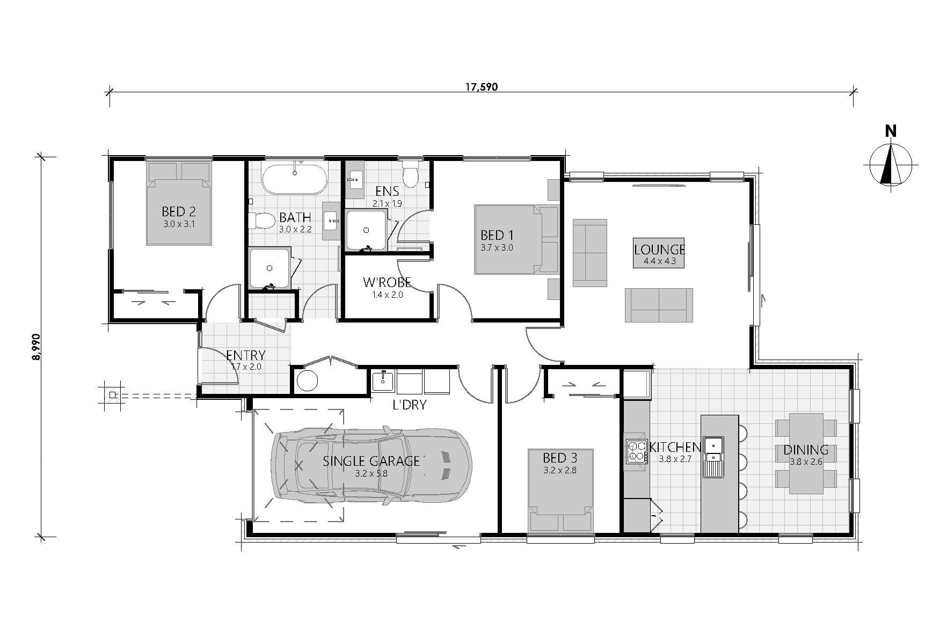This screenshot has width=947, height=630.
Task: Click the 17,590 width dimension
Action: click(x=482, y=87)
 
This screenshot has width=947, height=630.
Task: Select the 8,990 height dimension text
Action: click(x=36, y=347)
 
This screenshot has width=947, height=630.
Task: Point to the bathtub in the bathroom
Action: click(x=294, y=178)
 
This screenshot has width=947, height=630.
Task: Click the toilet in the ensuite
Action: click(x=411, y=173)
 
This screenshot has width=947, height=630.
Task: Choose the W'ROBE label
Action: click(x=387, y=282)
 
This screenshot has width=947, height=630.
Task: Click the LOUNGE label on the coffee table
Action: click(x=659, y=250)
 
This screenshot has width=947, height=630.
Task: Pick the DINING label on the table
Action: click(x=805, y=450)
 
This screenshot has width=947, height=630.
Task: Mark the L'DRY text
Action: click(x=410, y=405)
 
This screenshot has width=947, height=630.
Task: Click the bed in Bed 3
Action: click(x=561, y=490)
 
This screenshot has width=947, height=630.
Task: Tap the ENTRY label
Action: click(x=246, y=355)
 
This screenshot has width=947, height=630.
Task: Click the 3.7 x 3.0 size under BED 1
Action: click(x=497, y=248)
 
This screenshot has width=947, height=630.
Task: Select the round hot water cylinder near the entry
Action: click(x=308, y=380)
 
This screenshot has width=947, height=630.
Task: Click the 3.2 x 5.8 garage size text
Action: click(x=371, y=474)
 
